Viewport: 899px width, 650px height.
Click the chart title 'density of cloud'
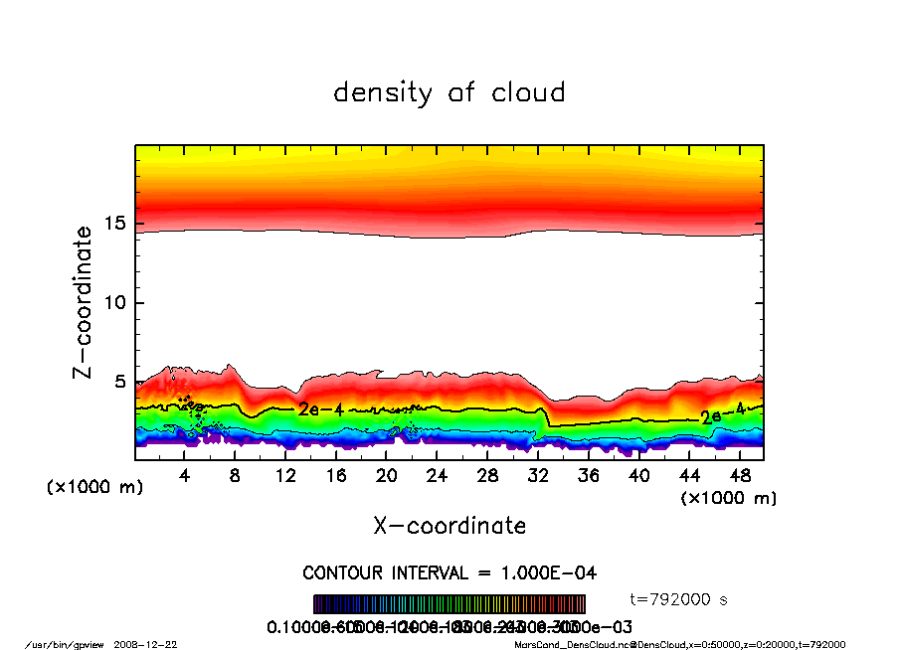tap(449, 93)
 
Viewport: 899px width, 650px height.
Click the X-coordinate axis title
tap(449, 526)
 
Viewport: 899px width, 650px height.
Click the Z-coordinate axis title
tap(84, 302)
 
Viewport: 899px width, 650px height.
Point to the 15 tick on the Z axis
tap(119, 224)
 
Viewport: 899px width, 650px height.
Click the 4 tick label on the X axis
tap(185, 476)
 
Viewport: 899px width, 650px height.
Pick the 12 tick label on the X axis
tap(285, 476)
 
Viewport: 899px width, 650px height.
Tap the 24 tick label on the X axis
tap(437, 476)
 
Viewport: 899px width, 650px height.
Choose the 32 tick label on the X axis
tap(538, 476)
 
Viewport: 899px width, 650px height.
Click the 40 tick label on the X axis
tap(638, 476)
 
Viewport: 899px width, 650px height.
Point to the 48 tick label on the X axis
tap(739, 476)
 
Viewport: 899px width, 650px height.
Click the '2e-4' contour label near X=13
tap(320, 409)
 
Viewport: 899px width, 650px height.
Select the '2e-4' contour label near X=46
tap(722, 415)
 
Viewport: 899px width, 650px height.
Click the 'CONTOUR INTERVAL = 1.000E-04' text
tap(449, 573)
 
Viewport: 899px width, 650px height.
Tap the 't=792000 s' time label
tap(680, 599)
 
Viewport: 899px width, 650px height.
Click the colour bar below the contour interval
tap(449, 604)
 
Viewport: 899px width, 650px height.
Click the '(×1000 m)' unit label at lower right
tap(728, 498)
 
